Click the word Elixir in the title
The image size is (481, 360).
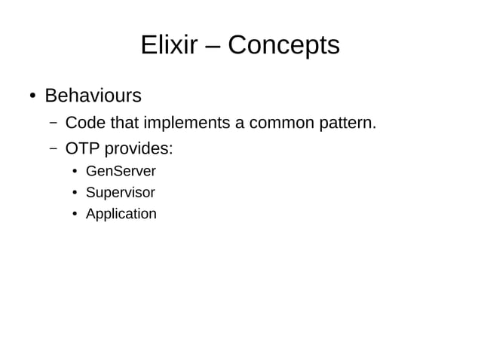click(168, 46)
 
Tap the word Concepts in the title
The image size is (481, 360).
click(283, 46)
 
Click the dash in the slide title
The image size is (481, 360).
click(213, 47)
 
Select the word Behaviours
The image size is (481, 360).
click(93, 96)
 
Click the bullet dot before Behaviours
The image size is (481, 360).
click(32, 97)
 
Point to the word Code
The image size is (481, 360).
click(85, 123)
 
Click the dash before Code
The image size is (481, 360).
click(54, 123)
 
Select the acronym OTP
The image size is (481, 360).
click(82, 148)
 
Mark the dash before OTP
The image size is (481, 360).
click(54, 148)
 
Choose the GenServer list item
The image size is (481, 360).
click(121, 172)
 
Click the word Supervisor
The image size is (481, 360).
click(121, 193)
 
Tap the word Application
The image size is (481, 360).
click(121, 214)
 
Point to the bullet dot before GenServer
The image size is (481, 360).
click(75, 172)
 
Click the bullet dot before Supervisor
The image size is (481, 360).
click(75, 194)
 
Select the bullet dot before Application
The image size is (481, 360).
click(75, 215)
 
